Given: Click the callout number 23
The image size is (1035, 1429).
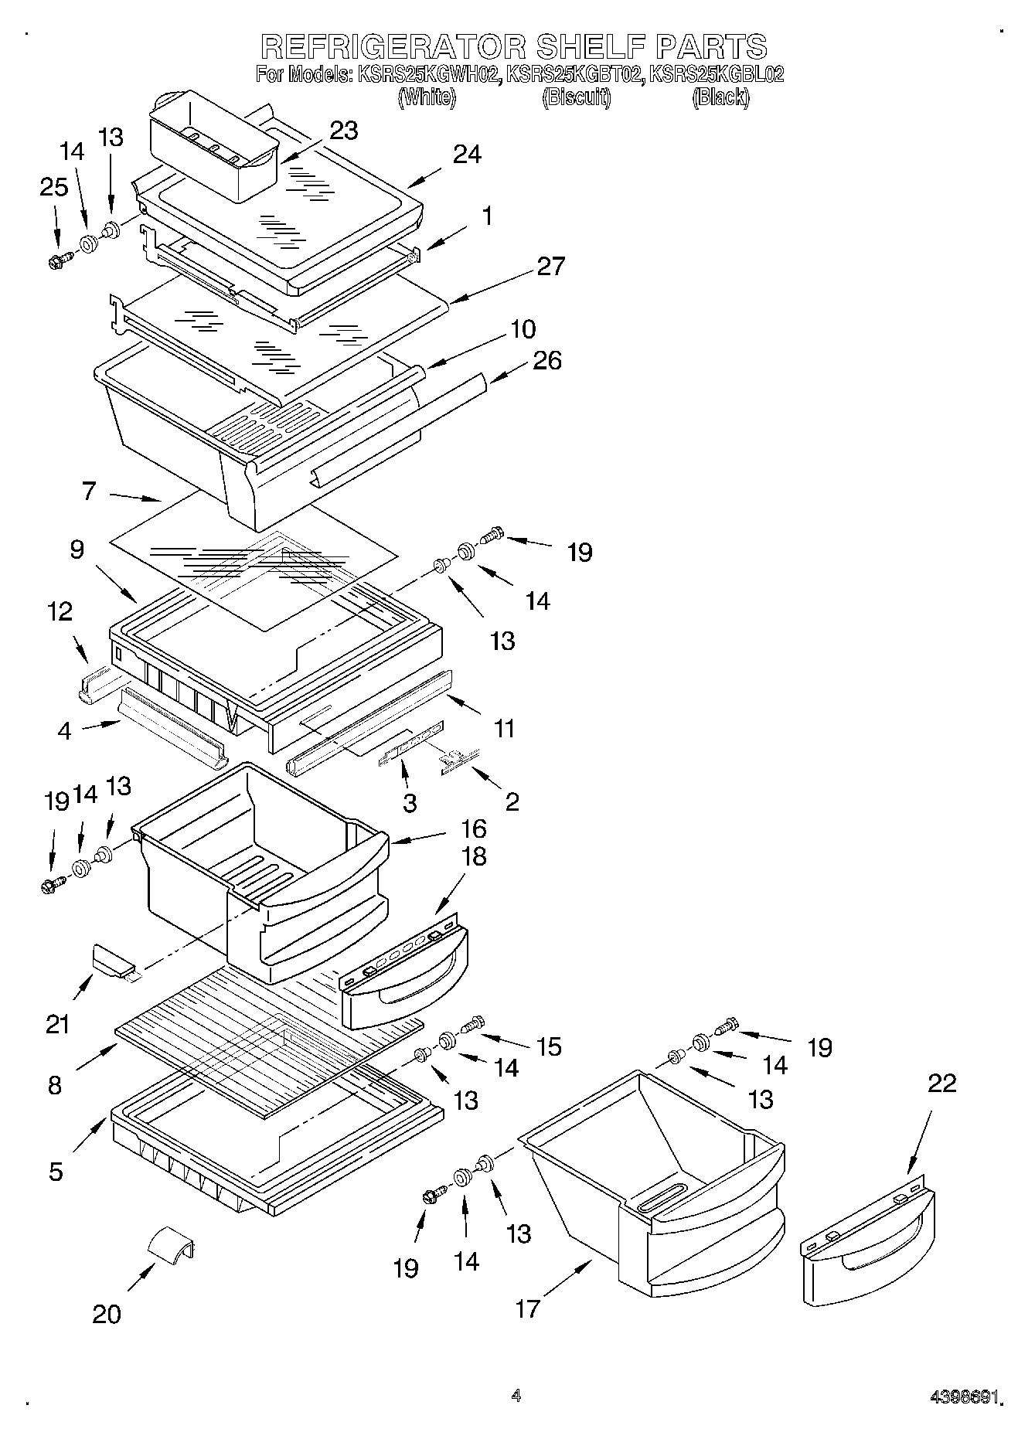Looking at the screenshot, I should click(x=343, y=131).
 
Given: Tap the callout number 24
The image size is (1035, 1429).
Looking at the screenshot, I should click(x=467, y=155).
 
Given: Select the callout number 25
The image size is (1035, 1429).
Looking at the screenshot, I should click(x=53, y=188).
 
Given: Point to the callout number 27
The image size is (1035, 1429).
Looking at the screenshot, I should click(x=550, y=266).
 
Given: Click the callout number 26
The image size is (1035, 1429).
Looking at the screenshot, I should click(x=547, y=360).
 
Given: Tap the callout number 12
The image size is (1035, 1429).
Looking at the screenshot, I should click(x=60, y=611).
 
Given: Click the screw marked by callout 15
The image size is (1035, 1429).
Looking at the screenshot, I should click(x=472, y=1023).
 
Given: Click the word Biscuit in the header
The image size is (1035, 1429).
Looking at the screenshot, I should click(x=576, y=98).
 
